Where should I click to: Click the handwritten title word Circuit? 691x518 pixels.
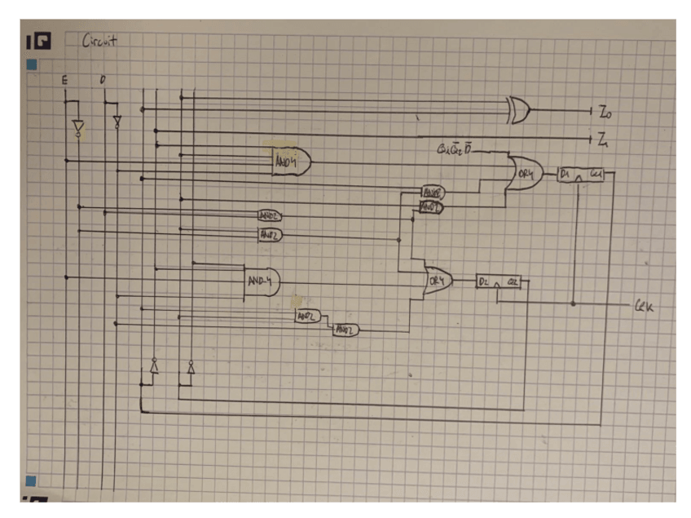[x=100, y=40]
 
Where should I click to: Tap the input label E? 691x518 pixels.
[x=64, y=79]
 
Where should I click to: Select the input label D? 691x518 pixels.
[x=103, y=79]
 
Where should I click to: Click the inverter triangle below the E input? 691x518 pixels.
[x=77, y=128]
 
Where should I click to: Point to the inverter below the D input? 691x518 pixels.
[x=117, y=122]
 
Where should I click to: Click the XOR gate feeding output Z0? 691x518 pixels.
[x=517, y=109]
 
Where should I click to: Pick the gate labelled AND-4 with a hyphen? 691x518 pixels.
[x=262, y=281]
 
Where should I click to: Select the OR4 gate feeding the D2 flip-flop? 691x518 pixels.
[x=438, y=282]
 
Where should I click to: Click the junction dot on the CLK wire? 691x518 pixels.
[x=574, y=303]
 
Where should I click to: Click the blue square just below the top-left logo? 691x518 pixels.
[x=33, y=63]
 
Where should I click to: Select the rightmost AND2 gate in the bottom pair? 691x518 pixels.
[x=345, y=330]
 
